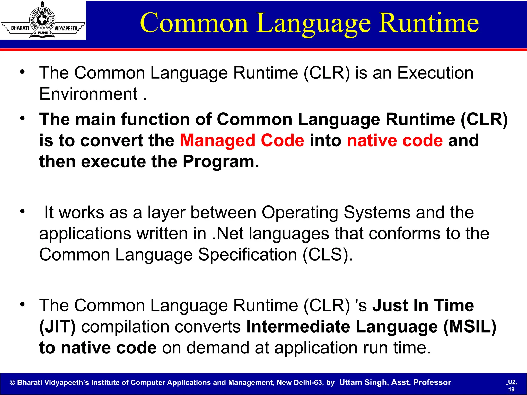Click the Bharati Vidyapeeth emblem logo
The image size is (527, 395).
point(43,20)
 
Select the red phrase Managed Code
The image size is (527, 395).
point(242,141)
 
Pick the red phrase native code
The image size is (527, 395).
point(395,141)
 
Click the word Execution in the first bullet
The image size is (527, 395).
point(435,73)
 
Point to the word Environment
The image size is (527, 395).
point(89,94)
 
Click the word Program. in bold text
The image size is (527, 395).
point(221,162)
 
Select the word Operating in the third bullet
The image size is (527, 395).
point(300,213)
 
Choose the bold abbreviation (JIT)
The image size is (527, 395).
point(57,327)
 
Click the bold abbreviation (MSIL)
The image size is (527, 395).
point(470,327)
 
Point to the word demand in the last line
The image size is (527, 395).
point(218,348)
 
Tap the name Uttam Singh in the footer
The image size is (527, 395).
point(363,382)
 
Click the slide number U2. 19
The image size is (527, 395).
point(512,385)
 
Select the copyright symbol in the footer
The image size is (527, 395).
point(12,383)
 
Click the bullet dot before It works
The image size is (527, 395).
point(23,211)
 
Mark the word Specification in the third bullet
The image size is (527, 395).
point(248,255)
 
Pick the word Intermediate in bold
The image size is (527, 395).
point(298,327)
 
